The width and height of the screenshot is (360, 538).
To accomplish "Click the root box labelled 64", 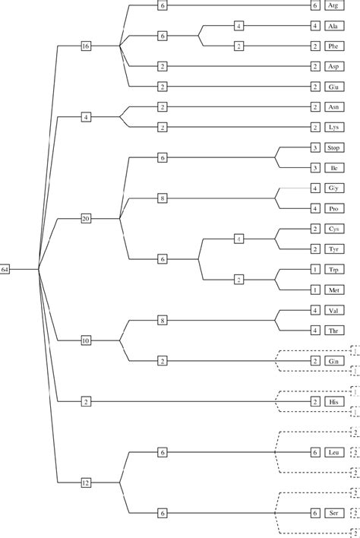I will [5, 269].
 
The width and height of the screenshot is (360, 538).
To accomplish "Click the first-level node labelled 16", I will [86, 46].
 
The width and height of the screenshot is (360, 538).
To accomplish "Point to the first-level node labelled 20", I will [86, 218].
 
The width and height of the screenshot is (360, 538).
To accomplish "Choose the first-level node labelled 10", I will [86, 340].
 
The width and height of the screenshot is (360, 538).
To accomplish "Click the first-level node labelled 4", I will [86, 117].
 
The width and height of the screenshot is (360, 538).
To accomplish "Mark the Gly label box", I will [333, 188].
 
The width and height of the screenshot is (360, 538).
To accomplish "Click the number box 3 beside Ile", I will [314, 167].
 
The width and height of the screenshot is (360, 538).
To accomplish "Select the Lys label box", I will [333, 127].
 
